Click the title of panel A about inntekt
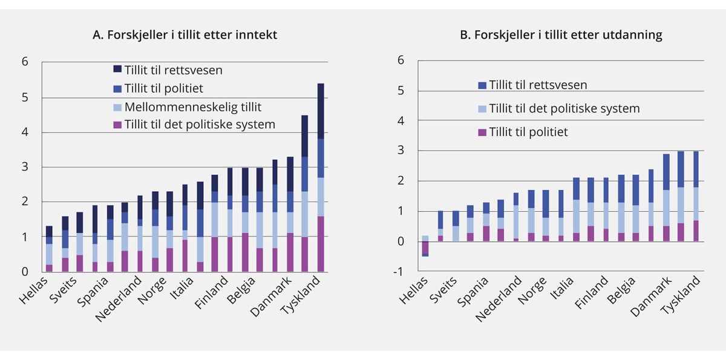[184, 35]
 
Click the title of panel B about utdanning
[561, 35]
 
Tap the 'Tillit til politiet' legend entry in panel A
[163, 88]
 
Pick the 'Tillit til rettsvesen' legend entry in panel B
[538, 85]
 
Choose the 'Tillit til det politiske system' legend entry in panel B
[564, 108]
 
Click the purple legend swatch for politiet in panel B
[482, 132]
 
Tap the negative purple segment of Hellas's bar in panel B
[425, 247]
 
